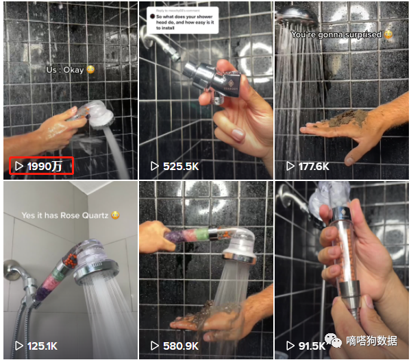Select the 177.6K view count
pyautogui.click(x=314, y=167)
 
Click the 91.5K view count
pyautogui.click(x=312, y=346)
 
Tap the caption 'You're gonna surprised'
pyautogui.click(x=336, y=34)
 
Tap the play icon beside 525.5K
pyautogui.click(x=155, y=167)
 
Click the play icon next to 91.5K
pyautogui.click(x=290, y=346)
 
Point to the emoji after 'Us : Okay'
pyautogui.click(x=91, y=70)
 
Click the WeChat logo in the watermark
pyautogui.click(x=334, y=339)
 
